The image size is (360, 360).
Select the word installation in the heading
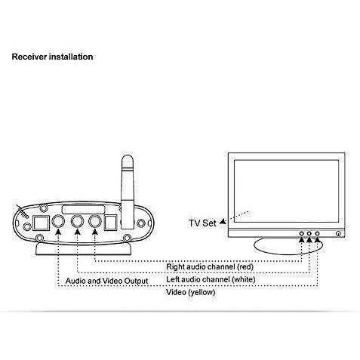pyautogui.click(x=71, y=57)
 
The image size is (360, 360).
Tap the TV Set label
pyautogui.click(x=202, y=223)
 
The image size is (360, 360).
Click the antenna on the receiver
pyautogui.click(x=128, y=192)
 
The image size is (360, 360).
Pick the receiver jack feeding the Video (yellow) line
pyautogui.click(x=58, y=221)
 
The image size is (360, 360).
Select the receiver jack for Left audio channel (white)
pyautogui.click(x=77, y=221)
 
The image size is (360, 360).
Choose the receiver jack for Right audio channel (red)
pyautogui.click(x=95, y=221)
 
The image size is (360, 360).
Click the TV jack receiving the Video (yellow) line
pyautogui.click(x=317, y=234)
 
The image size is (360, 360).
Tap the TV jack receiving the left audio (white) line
pyautogui.click(x=309, y=234)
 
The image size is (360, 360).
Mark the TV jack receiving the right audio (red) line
pyautogui.click(x=301, y=234)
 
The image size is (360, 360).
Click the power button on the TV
pyautogui.click(x=338, y=234)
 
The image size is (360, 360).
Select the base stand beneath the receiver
pyautogui.click(x=84, y=250)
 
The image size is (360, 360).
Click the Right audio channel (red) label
pyautogui.click(x=210, y=266)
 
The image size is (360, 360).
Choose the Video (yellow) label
pyautogui.click(x=191, y=292)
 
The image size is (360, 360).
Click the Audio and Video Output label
pyautogui.click(x=106, y=281)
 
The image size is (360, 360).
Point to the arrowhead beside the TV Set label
pyautogui.click(x=223, y=222)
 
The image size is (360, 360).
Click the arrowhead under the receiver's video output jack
pyautogui.click(x=58, y=231)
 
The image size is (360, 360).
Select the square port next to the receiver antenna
pyautogui.click(x=110, y=223)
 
